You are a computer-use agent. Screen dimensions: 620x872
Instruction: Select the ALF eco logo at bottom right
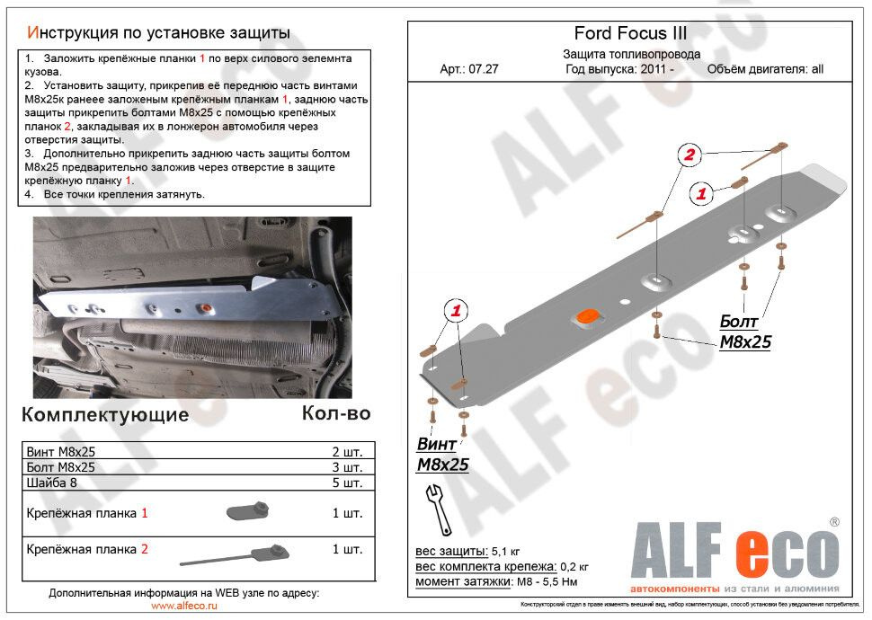coord(735,551)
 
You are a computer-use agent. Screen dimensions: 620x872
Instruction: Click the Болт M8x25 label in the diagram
coord(744,332)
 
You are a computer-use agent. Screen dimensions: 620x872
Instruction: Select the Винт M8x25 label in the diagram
coord(442,455)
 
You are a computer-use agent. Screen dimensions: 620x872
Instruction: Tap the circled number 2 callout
coord(690,155)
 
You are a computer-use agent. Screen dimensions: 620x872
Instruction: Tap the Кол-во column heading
coord(336,413)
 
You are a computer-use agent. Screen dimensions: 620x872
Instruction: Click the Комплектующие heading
coord(105,414)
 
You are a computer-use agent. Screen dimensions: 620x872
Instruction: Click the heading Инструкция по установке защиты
coord(159,32)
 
